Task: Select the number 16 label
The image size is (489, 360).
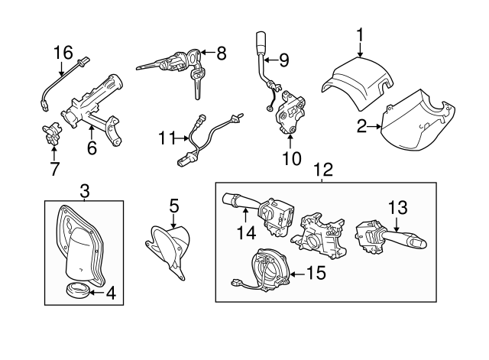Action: [x=63, y=52]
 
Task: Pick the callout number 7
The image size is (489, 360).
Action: [x=54, y=169]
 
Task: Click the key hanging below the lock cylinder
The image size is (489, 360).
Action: [x=196, y=86]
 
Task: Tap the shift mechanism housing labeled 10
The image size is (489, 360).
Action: [x=290, y=113]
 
